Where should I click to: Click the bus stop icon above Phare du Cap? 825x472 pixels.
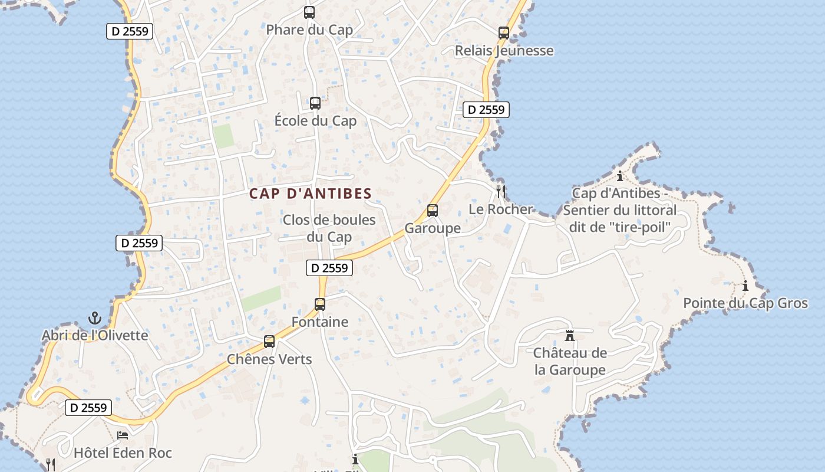click(x=309, y=12)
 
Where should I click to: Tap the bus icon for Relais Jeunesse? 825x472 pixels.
click(x=503, y=33)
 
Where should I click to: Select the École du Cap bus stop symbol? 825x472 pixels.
click(x=315, y=103)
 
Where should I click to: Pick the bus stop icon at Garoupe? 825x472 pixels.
click(x=433, y=211)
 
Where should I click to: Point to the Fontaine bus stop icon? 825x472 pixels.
click(x=320, y=304)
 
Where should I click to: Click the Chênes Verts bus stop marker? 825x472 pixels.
click(x=269, y=342)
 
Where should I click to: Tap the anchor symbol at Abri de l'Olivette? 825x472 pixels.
click(x=94, y=319)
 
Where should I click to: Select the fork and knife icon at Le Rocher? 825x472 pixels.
click(x=501, y=191)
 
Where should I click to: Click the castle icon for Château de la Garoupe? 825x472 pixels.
click(x=570, y=336)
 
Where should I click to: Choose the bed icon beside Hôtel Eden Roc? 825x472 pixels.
click(x=123, y=435)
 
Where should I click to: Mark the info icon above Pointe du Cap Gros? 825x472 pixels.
click(x=745, y=286)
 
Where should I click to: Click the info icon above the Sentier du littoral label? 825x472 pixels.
click(x=620, y=176)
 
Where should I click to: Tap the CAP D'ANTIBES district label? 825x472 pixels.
click(x=311, y=194)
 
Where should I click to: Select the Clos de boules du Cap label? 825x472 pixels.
click(x=329, y=228)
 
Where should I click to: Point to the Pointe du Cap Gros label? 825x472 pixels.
click(x=745, y=303)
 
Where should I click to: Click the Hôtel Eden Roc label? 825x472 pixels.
click(x=123, y=453)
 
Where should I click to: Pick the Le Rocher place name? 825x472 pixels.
click(x=500, y=209)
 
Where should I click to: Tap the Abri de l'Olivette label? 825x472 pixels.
click(x=95, y=336)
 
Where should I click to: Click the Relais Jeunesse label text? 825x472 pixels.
click(x=504, y=51)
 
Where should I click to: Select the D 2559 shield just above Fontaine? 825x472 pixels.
click(x=329, y=268)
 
